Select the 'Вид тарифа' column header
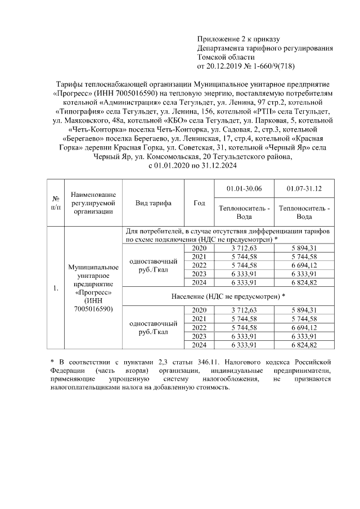click(153, 203)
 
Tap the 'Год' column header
click(199, 203)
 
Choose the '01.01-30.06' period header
click(244, 188)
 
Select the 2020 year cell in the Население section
click(199, 310)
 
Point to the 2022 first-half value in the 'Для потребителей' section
click(244, 265)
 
